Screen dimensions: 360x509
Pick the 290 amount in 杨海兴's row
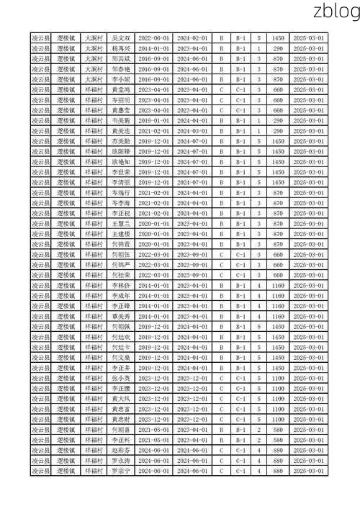click(x=278, y=48)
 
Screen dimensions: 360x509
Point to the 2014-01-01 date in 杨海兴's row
click(x=153, y=48)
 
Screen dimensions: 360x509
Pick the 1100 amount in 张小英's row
click(x=278, y=379)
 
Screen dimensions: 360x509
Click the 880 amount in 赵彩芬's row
click(x=278, y=451)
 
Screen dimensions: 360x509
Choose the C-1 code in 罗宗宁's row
click(x=241, y=472)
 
